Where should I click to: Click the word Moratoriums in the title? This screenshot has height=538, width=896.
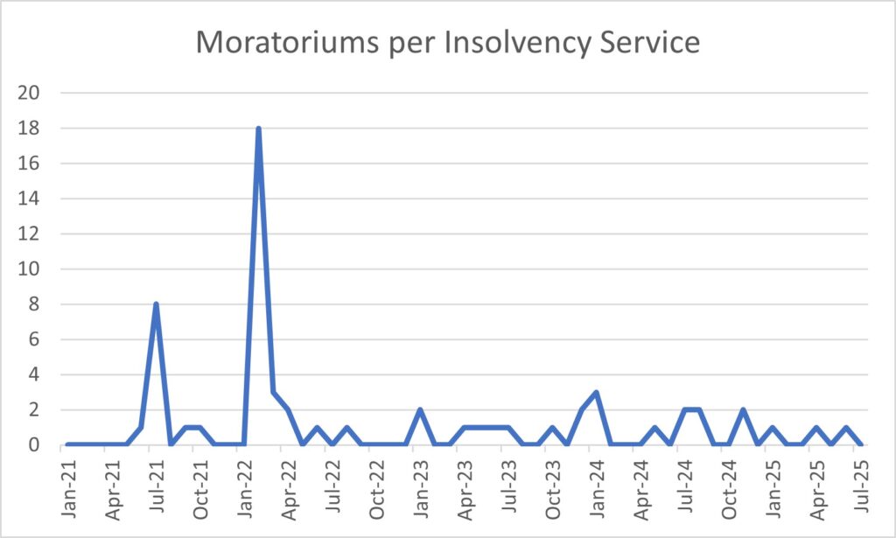click(287, 42)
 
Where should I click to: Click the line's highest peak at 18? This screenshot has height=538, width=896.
click(258, 129)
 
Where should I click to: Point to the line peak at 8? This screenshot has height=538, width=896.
click(156, 304)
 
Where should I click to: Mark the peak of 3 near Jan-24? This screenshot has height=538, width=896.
click(596, 393)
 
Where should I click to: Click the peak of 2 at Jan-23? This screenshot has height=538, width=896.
click(420, 410)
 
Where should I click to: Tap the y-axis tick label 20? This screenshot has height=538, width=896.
click(29, 93)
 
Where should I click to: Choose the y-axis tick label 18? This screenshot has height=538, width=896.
click(29, 128)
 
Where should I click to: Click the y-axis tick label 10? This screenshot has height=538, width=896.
click(29, 269)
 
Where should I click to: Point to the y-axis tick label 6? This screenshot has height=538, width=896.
click(34, 339)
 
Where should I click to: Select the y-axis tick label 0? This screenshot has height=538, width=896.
click(34, 444)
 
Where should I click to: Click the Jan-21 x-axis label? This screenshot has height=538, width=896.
click(68, 488)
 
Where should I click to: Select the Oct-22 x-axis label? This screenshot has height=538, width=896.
click(376, 489)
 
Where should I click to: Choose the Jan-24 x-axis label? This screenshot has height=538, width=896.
click(597, 488)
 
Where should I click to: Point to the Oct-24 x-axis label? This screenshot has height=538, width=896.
click(729, 489)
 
